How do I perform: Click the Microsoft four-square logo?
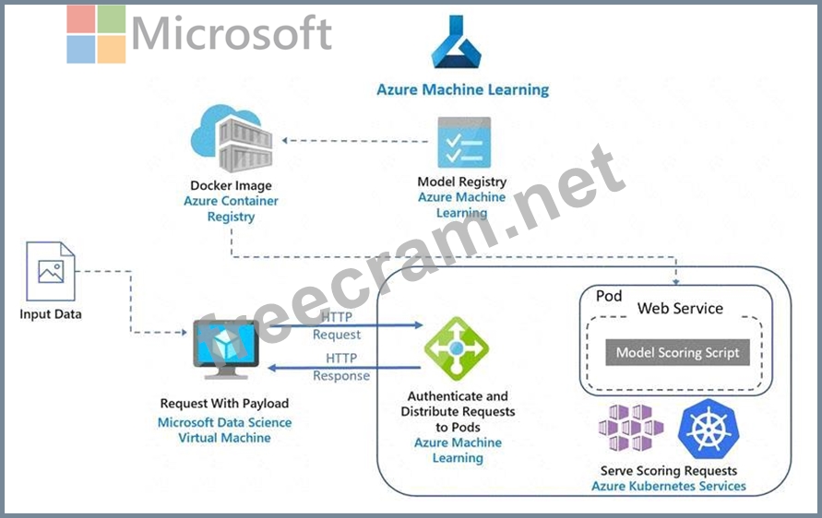click(x=96, y=34)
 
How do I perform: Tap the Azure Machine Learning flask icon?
click(x=457, y=44)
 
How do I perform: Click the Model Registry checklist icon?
click(x=463, y=142)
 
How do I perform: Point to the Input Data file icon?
click(x=50, y=271)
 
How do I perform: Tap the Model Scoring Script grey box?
click(x=677, y=352)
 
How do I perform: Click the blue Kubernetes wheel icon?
click(x=705, y=428)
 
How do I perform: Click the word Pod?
click(x=609, y=297)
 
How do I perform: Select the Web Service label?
click(x=680, y=309)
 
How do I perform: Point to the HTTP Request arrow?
click(x=369, y=325)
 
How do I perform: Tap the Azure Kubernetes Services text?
click(x=669, y=485)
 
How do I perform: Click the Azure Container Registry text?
click(x=231, y=208)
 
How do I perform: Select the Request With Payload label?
click(x=224, y=403)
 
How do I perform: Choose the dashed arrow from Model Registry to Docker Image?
click(x=355, y=140)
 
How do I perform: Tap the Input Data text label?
click(x=51, y=314)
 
